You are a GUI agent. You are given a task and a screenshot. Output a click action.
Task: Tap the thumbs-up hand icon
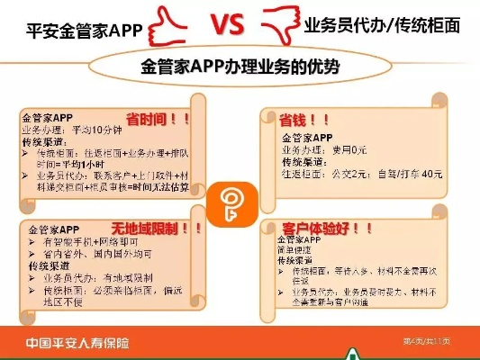click(x=172, y=26)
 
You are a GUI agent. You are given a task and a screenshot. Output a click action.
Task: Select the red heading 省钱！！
click(x=294, y=119)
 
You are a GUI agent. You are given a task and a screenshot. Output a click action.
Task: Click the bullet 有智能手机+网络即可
click(x=86, y=243)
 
